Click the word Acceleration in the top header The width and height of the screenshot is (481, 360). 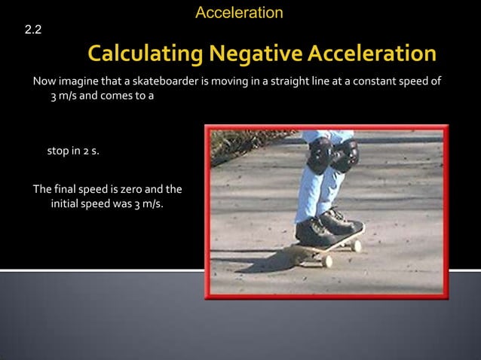[x=239, y=13]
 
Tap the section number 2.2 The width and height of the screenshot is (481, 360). [x=33, y=30]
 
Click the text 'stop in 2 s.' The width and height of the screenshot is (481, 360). [x=73, y=151]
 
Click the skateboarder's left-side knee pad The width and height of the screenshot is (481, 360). [x=320, y=155]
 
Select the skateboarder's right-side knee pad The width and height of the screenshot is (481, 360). [x=345, y=156]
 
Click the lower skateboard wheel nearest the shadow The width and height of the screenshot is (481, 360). [x=326, y=261]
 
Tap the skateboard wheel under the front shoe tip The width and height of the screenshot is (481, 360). [x=356, y=246]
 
